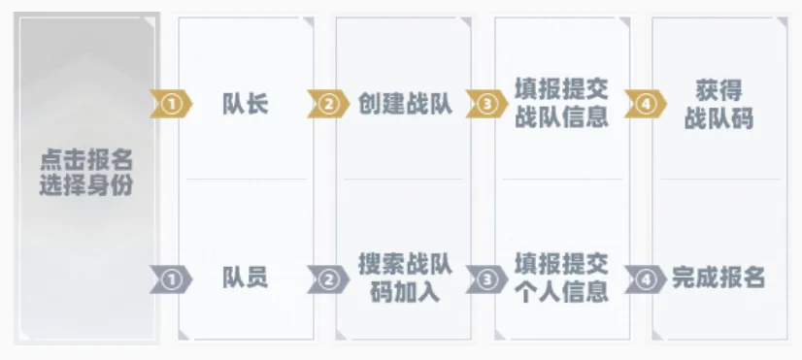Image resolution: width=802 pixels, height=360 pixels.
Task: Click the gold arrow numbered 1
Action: click(171, 104)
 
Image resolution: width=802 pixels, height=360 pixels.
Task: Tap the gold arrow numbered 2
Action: click(328, 104)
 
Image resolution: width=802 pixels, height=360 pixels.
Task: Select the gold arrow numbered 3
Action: click(487, 104)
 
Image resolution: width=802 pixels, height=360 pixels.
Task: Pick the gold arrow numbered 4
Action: click(646, 104)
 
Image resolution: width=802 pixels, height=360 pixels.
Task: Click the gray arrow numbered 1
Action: click(171, 279)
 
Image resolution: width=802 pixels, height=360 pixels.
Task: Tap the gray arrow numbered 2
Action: click(328, 279)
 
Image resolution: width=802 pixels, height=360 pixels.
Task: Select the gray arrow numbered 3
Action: click(487, 279)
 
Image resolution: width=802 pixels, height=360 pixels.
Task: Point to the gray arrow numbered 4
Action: click(646, 279)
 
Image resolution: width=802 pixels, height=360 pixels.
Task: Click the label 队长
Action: click(246, 104)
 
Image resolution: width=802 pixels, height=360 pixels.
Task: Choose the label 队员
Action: click(246, 278)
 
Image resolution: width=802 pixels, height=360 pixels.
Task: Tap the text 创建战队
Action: click(405, 104)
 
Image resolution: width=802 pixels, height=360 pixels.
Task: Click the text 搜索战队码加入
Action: click(405, 278)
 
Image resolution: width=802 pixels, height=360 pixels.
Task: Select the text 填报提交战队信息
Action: click(561, 104)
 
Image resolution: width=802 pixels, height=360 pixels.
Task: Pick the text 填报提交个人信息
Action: click(561, 278)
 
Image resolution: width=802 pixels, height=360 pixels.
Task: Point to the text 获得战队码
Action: click(718, 105)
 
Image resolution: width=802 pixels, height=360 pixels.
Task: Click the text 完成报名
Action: click(718, 278)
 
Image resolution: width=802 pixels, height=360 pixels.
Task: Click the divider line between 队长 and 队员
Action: click(246, 180)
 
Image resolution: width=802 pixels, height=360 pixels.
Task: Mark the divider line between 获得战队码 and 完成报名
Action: click(720, 180)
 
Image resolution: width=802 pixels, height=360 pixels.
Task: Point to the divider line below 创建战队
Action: click(404, 180)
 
